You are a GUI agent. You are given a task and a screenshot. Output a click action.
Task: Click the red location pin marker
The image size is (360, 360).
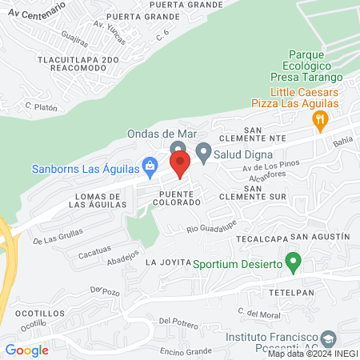[180, 164]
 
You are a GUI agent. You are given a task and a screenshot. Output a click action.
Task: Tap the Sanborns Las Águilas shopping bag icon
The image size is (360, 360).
[149, 166]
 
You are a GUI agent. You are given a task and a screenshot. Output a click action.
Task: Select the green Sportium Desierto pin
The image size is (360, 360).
[293, 262]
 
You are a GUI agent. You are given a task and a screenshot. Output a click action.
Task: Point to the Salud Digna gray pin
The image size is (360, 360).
[203, 151]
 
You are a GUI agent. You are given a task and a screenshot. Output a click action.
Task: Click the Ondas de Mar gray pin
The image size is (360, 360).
[178, 149]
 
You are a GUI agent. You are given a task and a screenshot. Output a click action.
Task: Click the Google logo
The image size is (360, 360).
[26, 350]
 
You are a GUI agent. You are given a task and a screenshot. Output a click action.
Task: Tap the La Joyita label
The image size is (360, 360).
[166, 262]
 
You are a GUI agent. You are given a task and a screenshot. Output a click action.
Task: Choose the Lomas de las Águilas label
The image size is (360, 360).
[98, 201]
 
